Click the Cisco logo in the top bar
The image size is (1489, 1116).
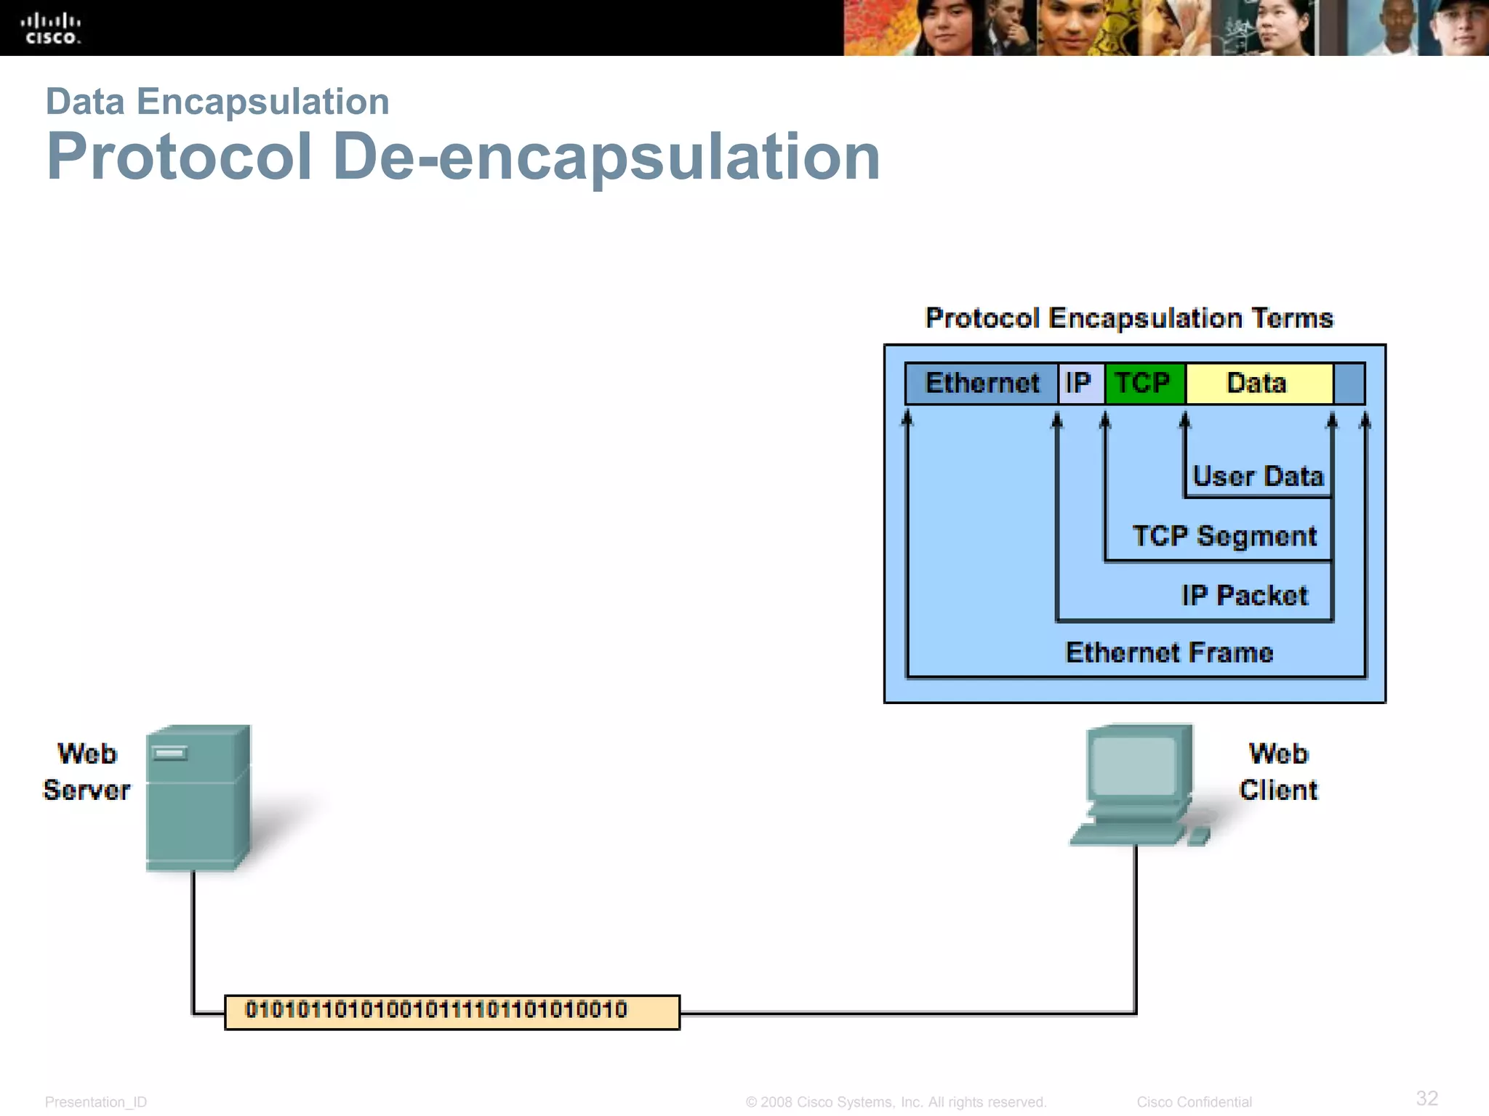click(51, 29)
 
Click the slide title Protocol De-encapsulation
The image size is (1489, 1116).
click(463, 157)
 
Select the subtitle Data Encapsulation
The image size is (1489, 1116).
click(217, 101)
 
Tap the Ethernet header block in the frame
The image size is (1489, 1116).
click(982, 383)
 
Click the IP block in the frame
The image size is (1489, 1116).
click(1080, 383)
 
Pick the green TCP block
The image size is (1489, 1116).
click(1144, 383)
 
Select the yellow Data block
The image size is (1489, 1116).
click(1258, 383)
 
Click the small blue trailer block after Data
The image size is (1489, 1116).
click(1349, 383)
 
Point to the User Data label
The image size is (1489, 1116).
click(1258, 477)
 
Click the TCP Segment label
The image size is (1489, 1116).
click(1225, 536)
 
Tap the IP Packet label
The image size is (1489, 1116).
click(1245, 596)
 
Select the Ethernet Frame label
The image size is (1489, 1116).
click(1169, 652)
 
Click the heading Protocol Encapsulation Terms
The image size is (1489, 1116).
click(1129, 318)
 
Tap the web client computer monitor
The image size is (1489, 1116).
click(1134, 770)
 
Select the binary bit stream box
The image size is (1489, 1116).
click(451, 1011)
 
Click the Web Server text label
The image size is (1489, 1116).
click(87, 772)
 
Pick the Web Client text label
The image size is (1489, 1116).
click(1278, 772)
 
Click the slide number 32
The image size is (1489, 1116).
click(1426, 1098)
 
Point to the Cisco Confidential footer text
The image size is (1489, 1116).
click(1194, 1102)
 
